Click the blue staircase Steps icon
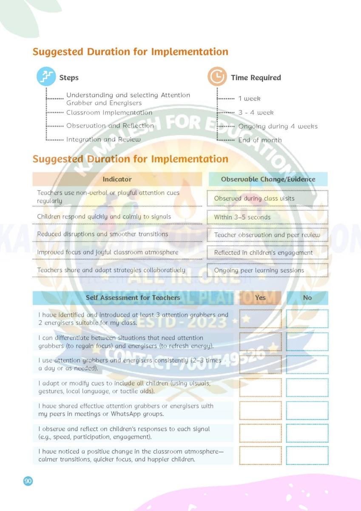pos(46,77)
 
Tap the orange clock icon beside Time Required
pos(217,77)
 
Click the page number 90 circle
pos(28,481)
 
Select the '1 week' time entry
pos(249,98)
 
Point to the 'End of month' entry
pos(260,140)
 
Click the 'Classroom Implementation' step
pos(109,112)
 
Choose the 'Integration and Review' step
pos(103,139)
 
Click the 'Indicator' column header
pos(117,179)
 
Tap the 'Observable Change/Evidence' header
pos(268,179)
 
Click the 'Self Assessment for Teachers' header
pos(133,298)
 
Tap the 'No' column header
pos(307,298)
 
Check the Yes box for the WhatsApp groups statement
pos(260,410)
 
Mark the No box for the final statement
pos(307,456)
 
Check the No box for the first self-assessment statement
pos(307,319)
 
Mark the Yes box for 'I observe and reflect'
pos(260,433)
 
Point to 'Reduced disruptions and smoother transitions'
pos(102,234)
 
